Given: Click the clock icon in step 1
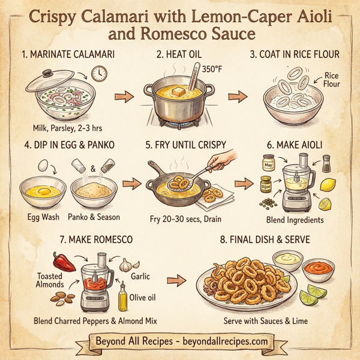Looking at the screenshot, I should pos(100,74).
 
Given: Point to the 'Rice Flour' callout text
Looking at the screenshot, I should pos(331,80).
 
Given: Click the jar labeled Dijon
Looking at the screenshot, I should pos(266,185).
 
